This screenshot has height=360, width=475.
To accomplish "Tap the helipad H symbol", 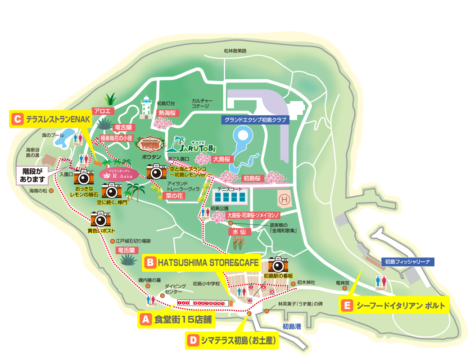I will point(284,198).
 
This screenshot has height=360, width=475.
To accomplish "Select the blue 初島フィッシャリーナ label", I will point(408,261).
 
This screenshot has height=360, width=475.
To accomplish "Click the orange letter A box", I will point(145,319).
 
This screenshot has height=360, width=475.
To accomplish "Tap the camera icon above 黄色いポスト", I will point(101,219).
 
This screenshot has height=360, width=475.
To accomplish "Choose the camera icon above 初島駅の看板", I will point(278,264).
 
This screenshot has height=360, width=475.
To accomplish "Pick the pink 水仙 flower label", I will point(238,232).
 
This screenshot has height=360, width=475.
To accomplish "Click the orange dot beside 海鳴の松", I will point(52,191).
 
